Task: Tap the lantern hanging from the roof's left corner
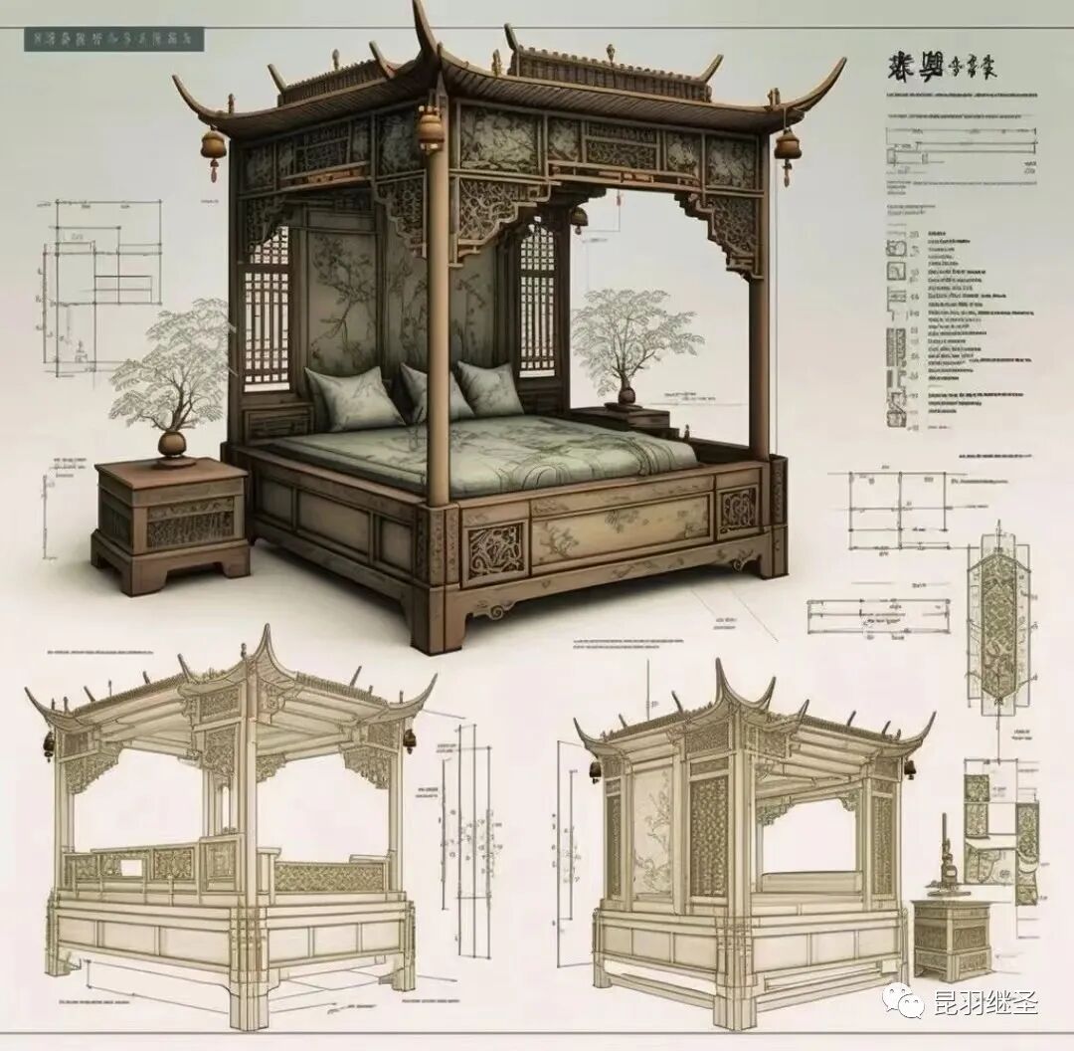tap(214, 147)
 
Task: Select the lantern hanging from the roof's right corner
tap(789, 145)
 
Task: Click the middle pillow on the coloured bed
tap(435, 393)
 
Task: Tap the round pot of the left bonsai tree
tap(173, 444)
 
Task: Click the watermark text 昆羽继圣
tap(984, 1002)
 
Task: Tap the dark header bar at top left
tap(112, 39)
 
